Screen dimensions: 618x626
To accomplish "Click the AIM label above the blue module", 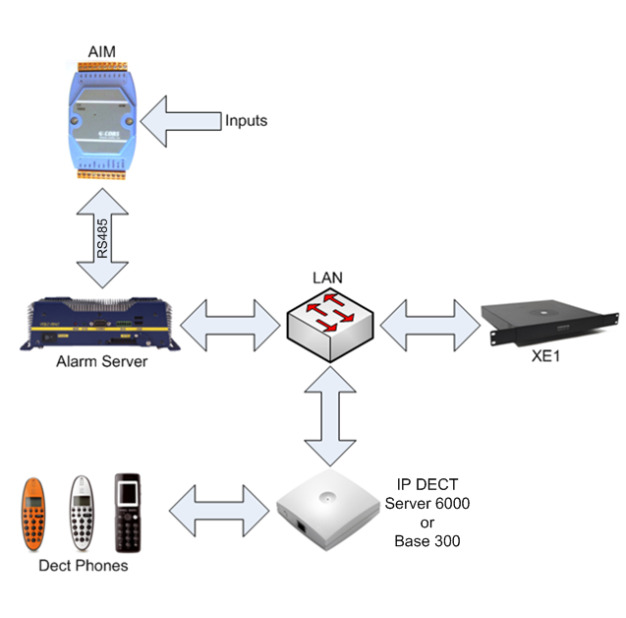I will pos(100,50).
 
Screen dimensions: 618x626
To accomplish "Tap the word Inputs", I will pos(246,121).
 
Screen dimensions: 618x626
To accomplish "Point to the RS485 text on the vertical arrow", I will pos(103,239).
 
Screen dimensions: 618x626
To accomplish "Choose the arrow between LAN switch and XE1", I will pos(428,322).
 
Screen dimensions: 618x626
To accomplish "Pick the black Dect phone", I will pos(129,514).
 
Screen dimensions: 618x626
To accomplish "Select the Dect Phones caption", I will pos(84,566).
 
